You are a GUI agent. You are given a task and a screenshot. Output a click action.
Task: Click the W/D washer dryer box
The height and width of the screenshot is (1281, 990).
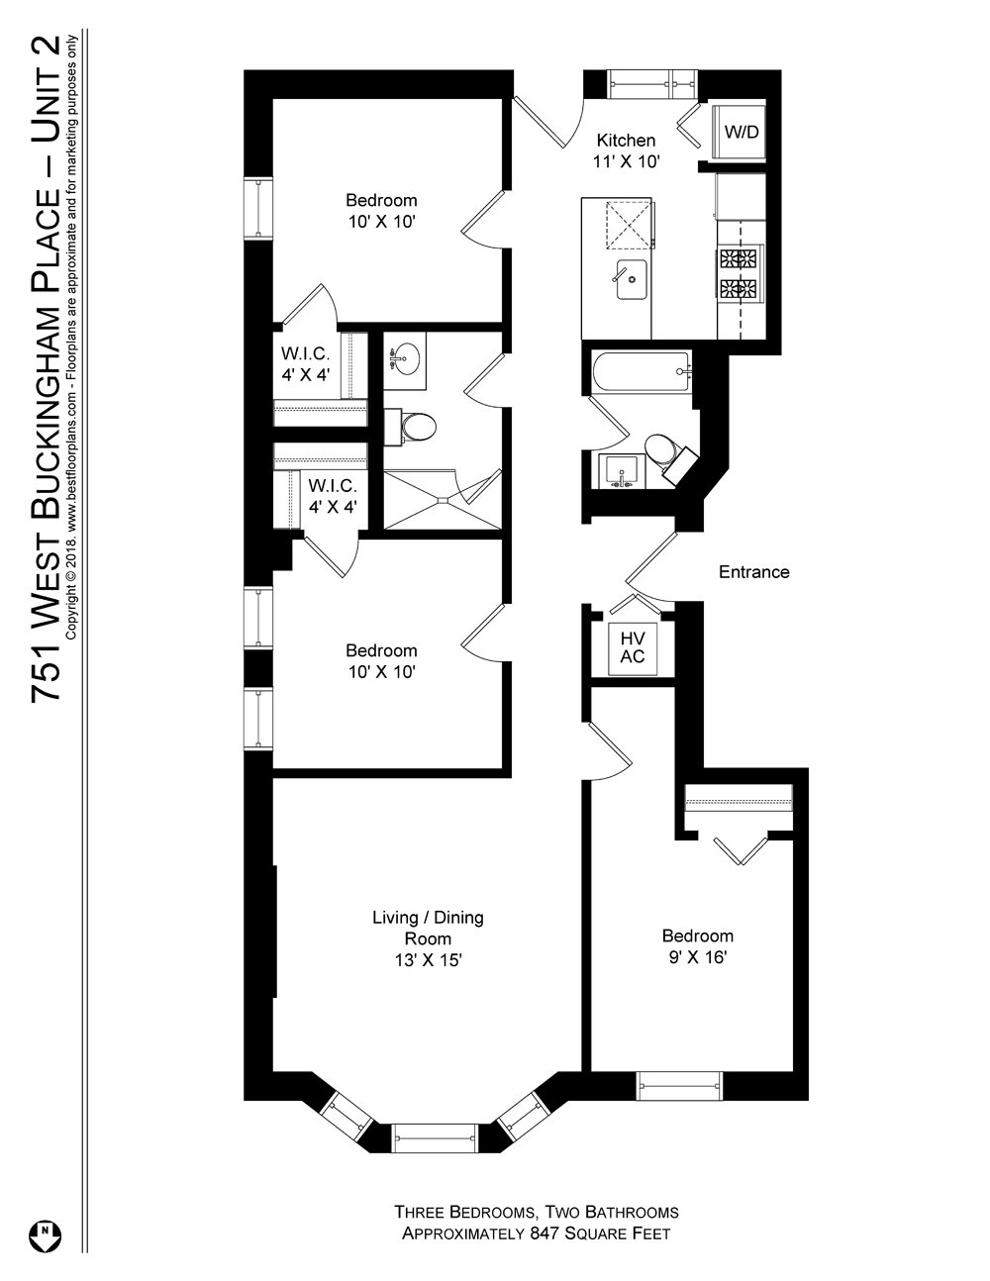pos(741,131)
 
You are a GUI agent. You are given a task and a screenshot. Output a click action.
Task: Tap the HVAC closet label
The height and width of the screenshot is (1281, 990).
pos(632,647)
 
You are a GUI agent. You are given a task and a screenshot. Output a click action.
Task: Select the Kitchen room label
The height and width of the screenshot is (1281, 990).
pos(625,141)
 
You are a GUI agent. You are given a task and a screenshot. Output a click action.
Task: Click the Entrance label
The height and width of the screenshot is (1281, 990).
pos(753,572)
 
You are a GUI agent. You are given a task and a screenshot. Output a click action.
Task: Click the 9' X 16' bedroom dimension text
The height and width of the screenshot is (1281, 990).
pos(697,957)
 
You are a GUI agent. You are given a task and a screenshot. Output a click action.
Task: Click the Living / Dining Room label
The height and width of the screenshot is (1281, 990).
pos(427,928)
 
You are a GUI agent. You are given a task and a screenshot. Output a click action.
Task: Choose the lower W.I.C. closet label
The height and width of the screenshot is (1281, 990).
pos(332,496)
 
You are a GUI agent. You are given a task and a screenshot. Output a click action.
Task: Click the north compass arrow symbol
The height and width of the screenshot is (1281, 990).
pos(46,1233)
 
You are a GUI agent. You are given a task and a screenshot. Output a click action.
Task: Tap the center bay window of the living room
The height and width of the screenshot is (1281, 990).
pos(434,1137)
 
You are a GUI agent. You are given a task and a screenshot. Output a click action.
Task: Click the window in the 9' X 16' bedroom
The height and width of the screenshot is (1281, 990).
pos(679,1086)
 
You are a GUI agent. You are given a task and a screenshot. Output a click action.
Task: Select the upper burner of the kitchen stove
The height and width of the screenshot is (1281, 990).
pos(739,259)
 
